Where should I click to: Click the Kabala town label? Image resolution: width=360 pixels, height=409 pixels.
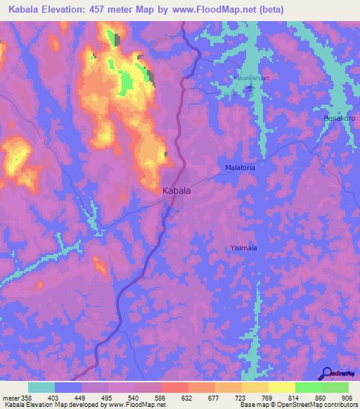coord(177,190)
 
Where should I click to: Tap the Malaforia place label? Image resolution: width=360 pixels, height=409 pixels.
coord(240,168)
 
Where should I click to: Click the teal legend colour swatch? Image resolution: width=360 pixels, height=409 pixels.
coord(41,387)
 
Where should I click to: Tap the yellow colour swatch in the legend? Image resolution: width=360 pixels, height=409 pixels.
coord(281,387)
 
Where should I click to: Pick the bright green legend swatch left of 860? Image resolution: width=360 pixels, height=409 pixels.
coord(308,387)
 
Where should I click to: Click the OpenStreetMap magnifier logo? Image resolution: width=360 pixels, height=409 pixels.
coord(326,374)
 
